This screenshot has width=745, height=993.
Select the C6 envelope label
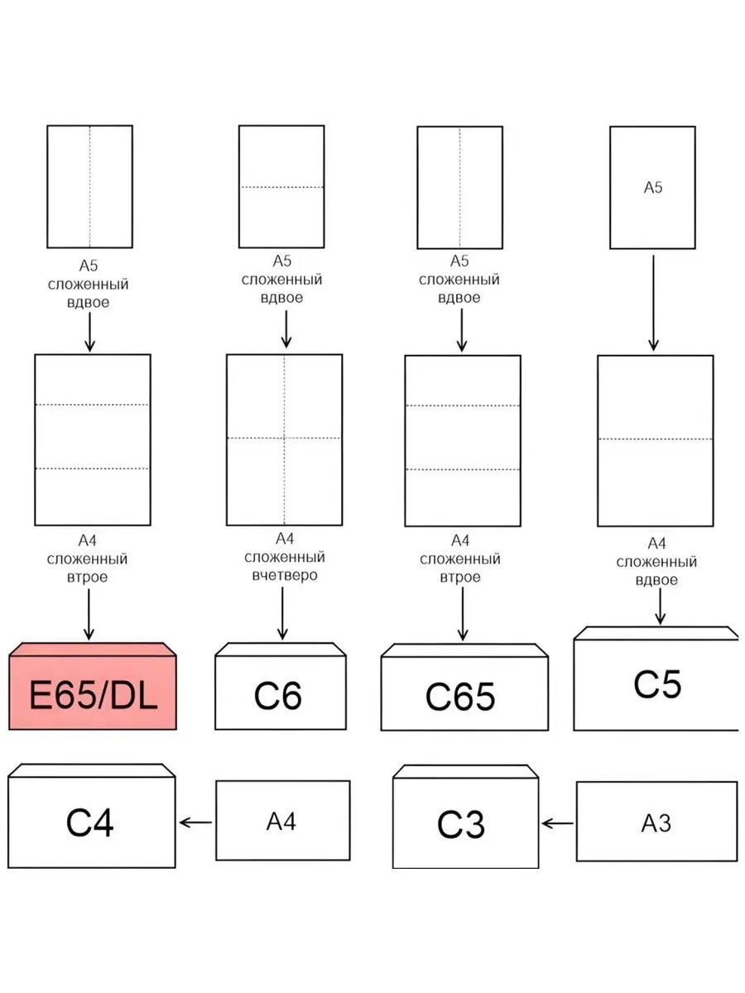click(x=278, y=695)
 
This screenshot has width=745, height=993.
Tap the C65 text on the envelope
click(x=460, y=696)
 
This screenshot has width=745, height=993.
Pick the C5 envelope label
click(x=657, y=684)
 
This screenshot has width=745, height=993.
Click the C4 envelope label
click(x=89, y=822)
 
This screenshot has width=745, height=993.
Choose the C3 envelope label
click(x=461, y=824)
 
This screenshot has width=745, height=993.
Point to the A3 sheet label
click(x=656, y=823)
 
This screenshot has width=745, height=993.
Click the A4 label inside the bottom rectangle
click(x=281, y=821)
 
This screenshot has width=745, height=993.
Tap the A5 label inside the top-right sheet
click(x=653, y=187)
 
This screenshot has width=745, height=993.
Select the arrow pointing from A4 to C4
click(x=195, y=822)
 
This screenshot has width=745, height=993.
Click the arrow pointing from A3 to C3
click(x=557, y=823)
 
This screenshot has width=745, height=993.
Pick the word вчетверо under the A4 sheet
click(x=285, y=575)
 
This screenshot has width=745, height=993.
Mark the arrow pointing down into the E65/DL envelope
click(x=89, y=614)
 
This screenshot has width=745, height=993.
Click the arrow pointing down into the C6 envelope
click(x=282, y=613)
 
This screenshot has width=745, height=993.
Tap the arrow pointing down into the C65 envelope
click(x=462, y=614)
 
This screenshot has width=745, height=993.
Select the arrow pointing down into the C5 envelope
click(x=660, y=607)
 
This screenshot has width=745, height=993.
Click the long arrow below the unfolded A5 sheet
click(x=653, y=303)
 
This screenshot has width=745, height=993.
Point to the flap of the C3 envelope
click(x=465, y=772)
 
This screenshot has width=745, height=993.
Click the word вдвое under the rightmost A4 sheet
click(x=656, y=580)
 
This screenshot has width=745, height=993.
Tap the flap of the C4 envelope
click(x=91, y=770)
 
